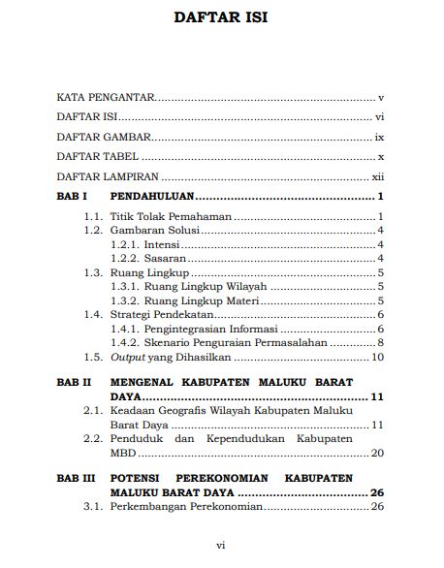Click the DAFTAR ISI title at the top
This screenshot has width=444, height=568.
(x=221, y=17)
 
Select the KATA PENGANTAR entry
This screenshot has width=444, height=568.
(x=106, y=98)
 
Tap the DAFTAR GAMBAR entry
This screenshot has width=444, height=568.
(x=102, y=138)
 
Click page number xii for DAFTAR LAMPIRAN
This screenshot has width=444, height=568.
(x=380, y=177)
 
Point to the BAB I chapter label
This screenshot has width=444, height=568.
(x=73, y=197)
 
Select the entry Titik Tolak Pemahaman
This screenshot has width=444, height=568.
(x=171, y=216)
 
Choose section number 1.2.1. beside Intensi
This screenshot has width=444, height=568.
(x=126, y=244)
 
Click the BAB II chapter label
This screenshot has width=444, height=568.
(x=74, y=383)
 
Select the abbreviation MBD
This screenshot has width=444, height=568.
(x=124, y=453)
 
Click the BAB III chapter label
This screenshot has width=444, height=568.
(x=76, y=479)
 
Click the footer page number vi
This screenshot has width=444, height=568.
(x=221, y=546)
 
